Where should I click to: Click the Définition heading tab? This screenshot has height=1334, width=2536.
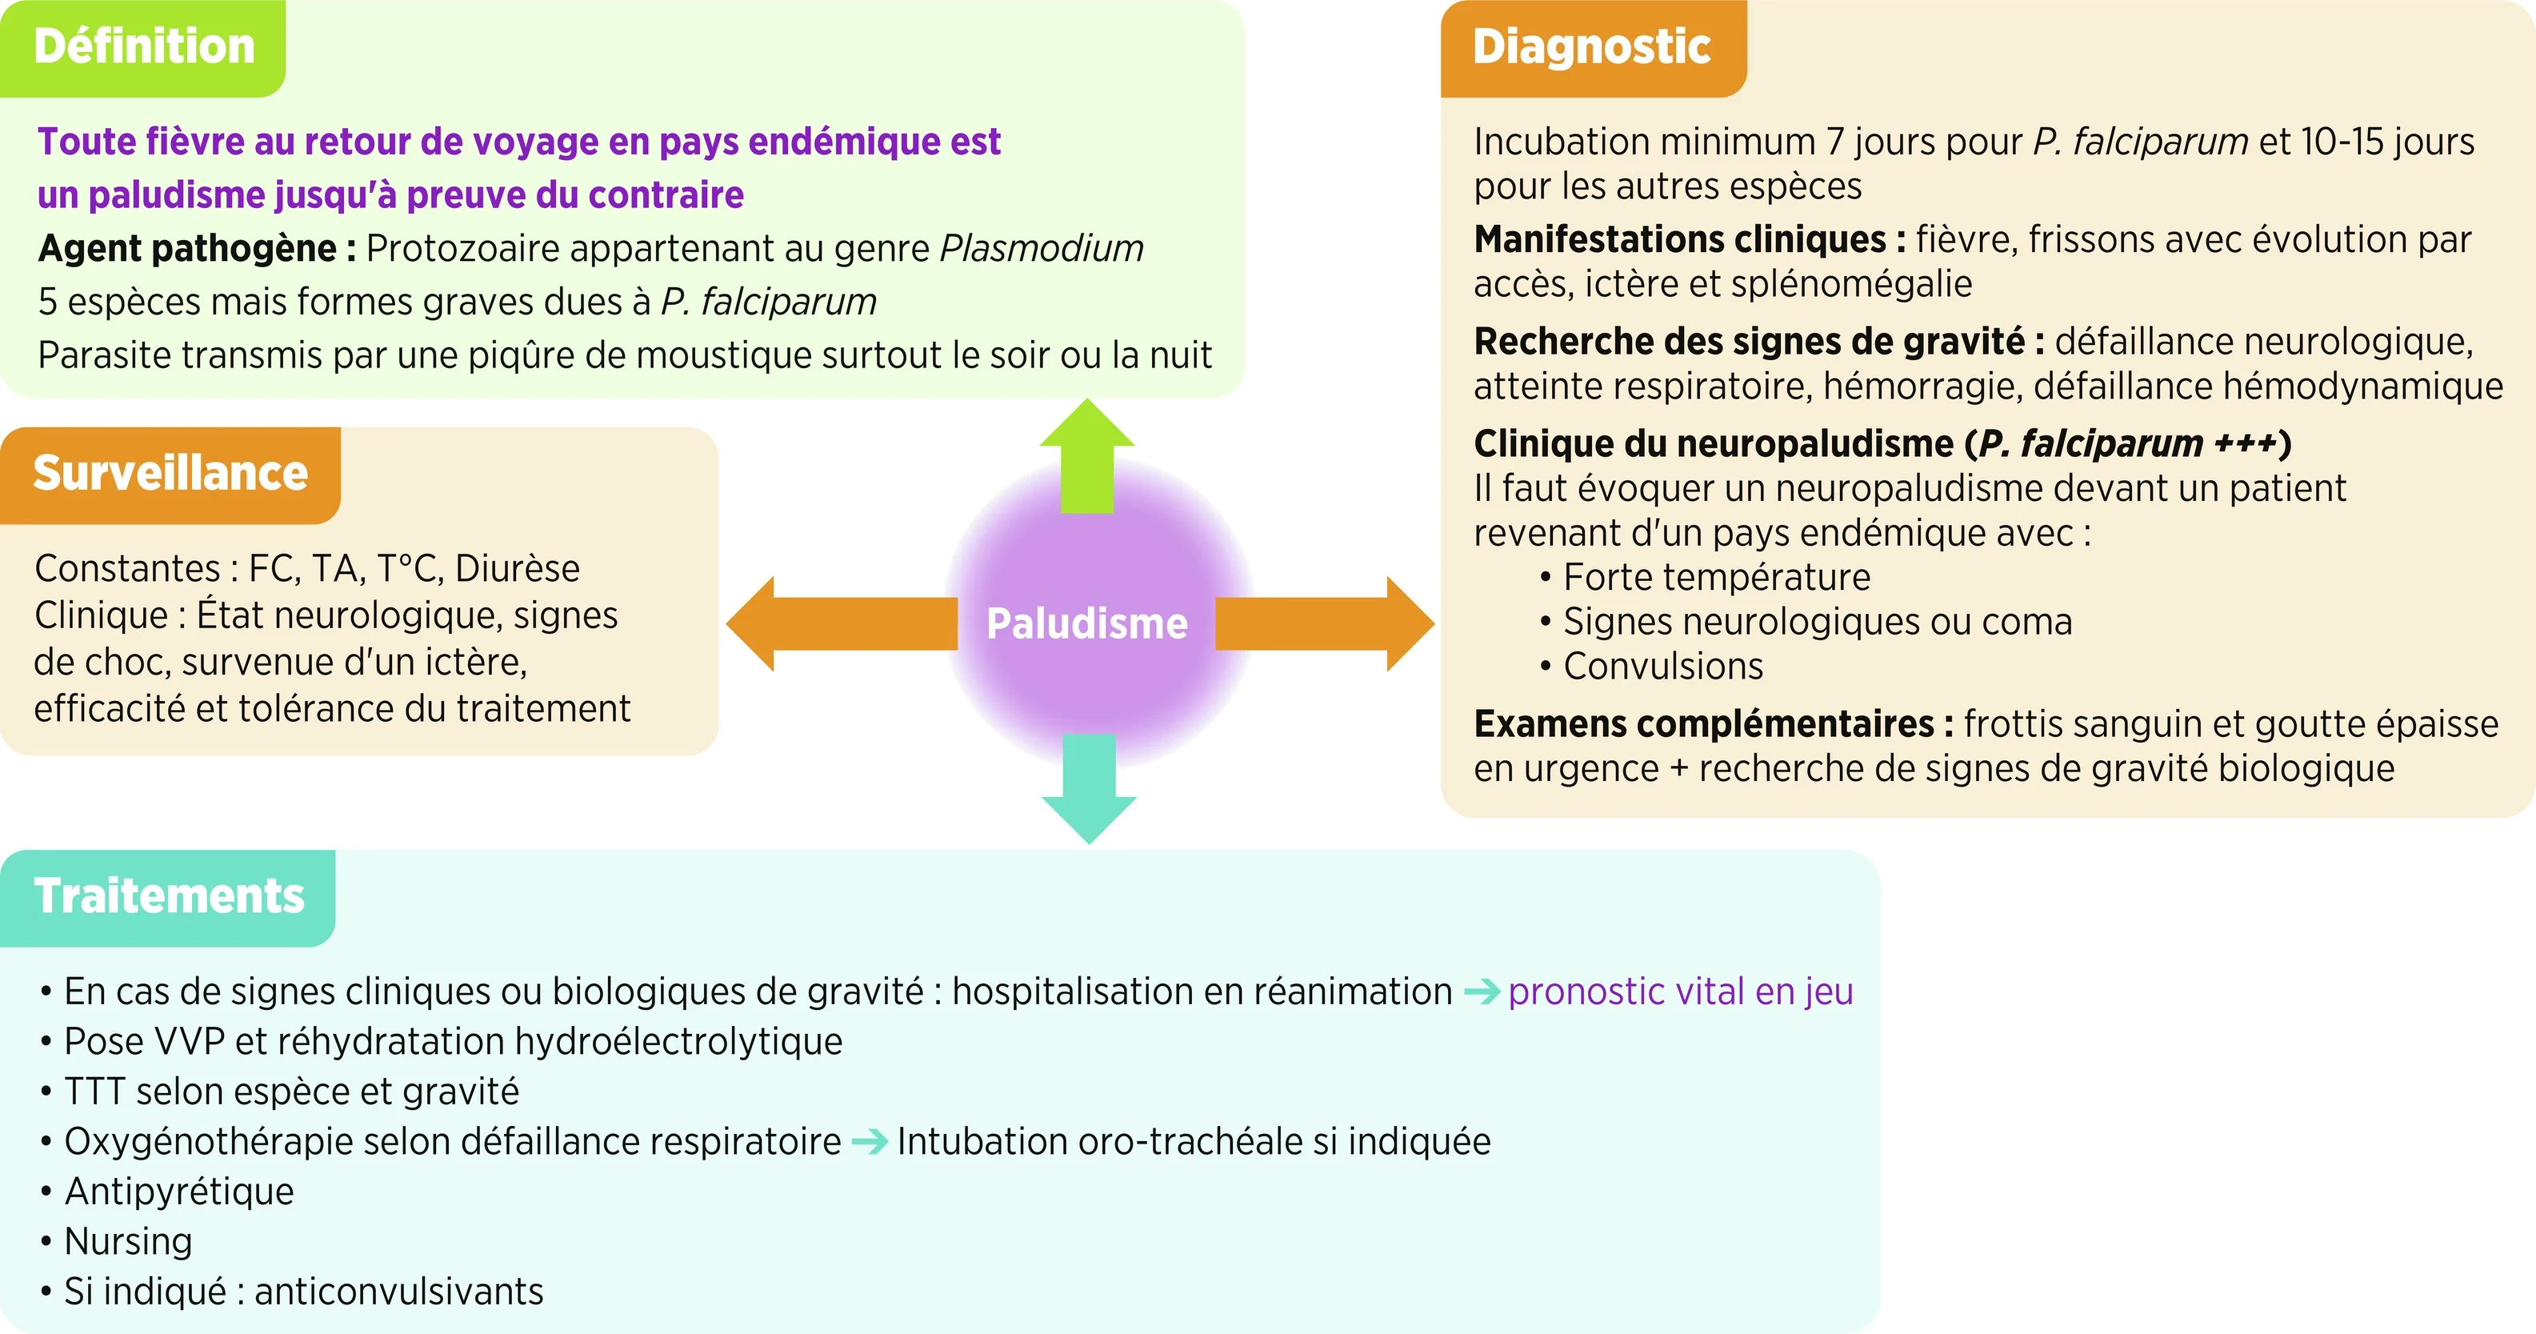pos(144,47)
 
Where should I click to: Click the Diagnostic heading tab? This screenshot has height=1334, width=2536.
pos(1591,47)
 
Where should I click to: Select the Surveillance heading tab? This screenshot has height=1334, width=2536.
pos(170,474)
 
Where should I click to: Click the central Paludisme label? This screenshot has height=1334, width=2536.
pos(1087,623)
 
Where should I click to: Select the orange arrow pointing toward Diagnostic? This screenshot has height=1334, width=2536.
pos(1324,623)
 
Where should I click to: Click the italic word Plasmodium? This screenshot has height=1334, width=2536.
pos(1042,249)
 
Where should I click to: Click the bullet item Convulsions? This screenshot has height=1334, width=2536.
pos(1662,667)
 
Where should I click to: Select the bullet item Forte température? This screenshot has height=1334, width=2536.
pos(1716,577)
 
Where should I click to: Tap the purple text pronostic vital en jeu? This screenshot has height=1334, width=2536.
pos(1679,991)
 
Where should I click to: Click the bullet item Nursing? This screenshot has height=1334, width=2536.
pos(128,1241)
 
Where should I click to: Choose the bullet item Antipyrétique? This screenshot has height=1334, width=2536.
pos(179,1192)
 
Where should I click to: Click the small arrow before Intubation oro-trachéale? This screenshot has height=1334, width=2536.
pos(870,1142)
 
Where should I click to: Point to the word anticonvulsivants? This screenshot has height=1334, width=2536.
pos(398,1292)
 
